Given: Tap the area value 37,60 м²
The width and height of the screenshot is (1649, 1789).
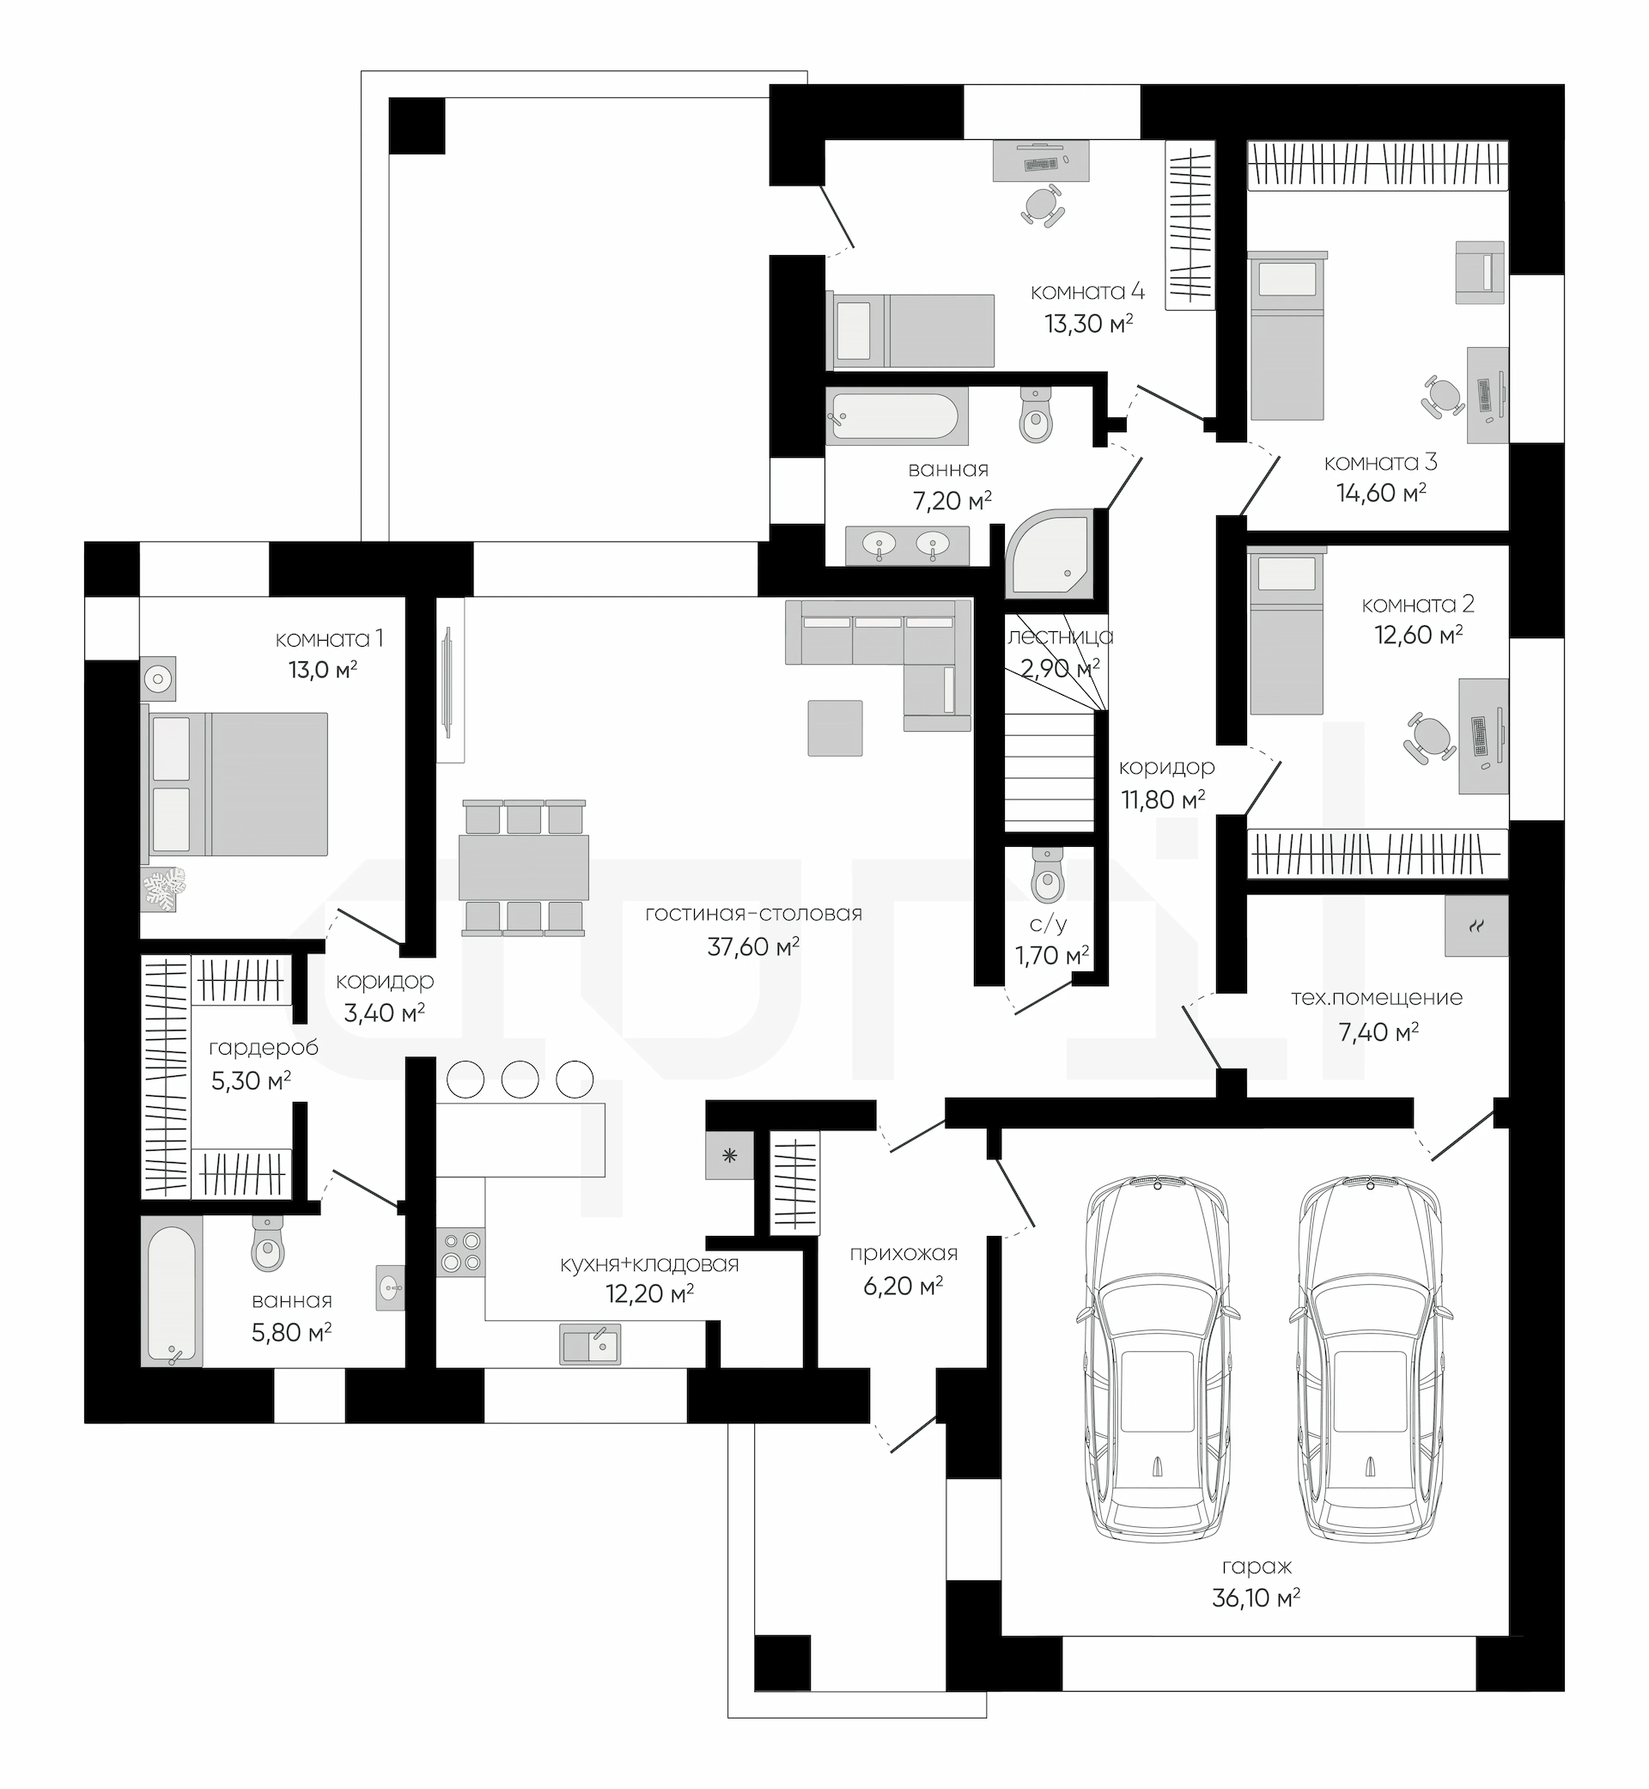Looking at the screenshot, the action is coord(753,946).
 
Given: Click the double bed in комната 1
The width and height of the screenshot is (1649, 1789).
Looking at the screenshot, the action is coord(234,783).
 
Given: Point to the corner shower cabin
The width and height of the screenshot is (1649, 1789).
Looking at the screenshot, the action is coord(1049,553).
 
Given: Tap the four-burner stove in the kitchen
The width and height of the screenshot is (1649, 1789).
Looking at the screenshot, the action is coord(460,1252).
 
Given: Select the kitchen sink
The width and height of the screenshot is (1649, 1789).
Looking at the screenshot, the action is coord(590,1344).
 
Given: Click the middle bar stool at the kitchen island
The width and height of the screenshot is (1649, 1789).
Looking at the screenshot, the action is coord(520,1080).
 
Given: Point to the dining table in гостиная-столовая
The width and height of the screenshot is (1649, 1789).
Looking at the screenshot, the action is coord(524,867).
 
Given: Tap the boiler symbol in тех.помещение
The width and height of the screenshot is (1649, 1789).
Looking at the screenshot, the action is coord(1476,926).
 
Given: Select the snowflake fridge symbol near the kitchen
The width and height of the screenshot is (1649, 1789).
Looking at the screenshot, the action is coord(730,1156).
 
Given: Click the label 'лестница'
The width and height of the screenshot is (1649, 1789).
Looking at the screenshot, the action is coord(1060,636).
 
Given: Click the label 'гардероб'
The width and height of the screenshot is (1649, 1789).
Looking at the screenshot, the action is coord(263,1048).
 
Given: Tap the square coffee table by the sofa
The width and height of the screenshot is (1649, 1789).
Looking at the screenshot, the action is coord(835,727).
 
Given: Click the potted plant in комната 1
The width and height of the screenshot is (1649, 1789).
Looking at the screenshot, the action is coord(163,889).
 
